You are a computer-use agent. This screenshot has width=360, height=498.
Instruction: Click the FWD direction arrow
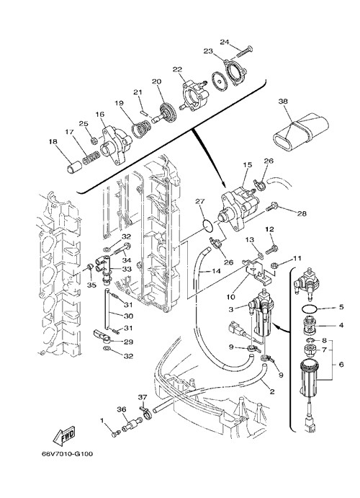coord(64,435)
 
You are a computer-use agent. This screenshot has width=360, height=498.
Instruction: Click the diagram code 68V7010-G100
coord(67,454)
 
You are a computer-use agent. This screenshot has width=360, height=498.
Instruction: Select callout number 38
coord(283,102)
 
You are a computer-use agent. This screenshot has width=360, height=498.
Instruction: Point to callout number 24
coord(225,42)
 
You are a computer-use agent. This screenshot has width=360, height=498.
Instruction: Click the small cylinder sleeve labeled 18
coord(73,167)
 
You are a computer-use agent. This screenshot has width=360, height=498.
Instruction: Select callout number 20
coord(156,81)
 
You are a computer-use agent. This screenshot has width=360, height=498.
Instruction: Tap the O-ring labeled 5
coord(309,308)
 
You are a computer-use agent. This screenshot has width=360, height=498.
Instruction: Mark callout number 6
coord(341,365)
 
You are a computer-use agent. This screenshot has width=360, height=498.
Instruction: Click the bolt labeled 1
coord(115,433)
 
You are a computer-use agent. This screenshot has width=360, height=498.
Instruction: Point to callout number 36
coord(122,409)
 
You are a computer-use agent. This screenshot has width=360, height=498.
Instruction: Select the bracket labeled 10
coord(258,270)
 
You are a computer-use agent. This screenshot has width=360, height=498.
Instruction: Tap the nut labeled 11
coord(275,264)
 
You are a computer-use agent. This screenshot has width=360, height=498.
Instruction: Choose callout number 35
coord(91,285)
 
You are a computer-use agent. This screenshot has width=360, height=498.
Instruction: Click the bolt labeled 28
coord(272,208)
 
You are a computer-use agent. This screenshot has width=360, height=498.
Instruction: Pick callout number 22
coord(177,70)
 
